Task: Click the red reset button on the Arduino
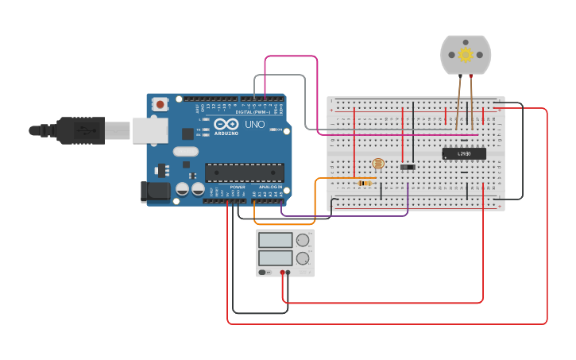(x=160, y=103)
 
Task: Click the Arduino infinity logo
(x=226, y=124)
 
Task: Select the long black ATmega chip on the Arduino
(x=244, y=172)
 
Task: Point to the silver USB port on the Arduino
(x=149, y=130)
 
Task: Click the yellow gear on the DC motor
(x=466, y=54)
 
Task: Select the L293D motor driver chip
(x=464, y=153)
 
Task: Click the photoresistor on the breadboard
(x=378, y=164)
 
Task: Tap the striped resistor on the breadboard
(x=365, y=183)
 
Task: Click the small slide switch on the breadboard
(x=408, y=167)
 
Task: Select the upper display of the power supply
(x=275, y=240)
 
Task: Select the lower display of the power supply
(x=275, y=258)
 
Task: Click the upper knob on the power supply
(x=302, y=240)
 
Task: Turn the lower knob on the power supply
(x=302, y=258)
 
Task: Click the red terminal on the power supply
(x=282, y=273)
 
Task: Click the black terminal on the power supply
(x=288, y=273)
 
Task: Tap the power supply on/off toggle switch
(x=263, y=273)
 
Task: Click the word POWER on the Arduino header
(x=238, y=187)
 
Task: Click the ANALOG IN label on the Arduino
(x=269, y=187)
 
